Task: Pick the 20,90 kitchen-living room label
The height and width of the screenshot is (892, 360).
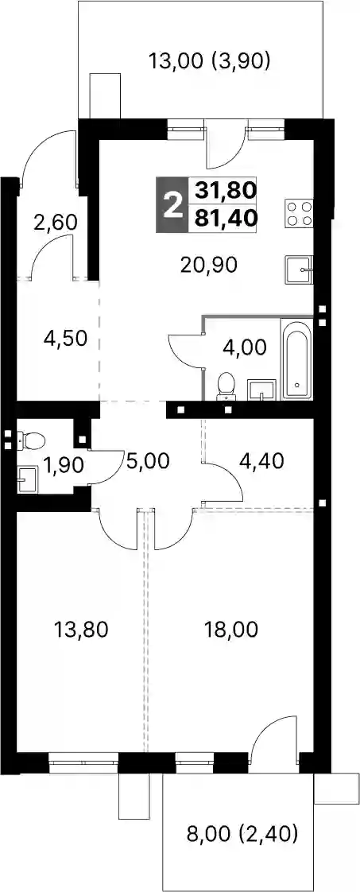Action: coord(209,264)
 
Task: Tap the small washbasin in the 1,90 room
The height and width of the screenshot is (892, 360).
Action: coord(26,479)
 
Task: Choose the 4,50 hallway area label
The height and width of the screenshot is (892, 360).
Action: coord(65,339)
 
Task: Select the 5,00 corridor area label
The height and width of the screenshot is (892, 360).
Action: coord(149,460)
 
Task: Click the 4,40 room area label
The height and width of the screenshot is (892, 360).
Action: coord(262,460)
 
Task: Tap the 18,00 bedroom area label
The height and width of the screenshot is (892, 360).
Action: coord(232,630)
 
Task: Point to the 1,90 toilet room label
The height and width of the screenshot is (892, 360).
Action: coord(64,465)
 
